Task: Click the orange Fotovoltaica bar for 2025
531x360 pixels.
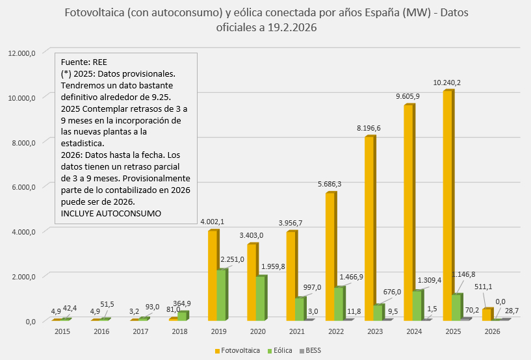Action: pyautogui.click(x=447, y=205)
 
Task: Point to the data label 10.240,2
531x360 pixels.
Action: pyautogui.click(x=447, y=82)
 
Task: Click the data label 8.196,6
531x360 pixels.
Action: pyautogui.click(x=368, y=128)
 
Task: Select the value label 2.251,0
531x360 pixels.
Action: pyautogui.click(x=231, y=259)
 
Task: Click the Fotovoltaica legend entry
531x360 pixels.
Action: pyautogui.click(x=238, y=351)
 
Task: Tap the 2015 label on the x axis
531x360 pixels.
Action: pyautogui.click(x=62, y=331)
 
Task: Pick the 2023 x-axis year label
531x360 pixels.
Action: pyautogui.click(x=375, y=331)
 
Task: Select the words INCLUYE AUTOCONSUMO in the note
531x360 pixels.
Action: pyautogui.click(x=111, y=213)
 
